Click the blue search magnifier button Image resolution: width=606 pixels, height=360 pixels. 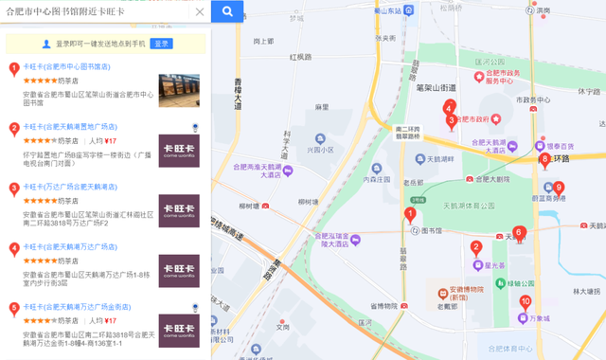[x=227, y=11]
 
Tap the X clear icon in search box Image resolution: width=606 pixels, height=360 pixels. [x=199, y=12]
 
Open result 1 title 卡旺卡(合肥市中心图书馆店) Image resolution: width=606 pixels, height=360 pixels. [x=66, y=67]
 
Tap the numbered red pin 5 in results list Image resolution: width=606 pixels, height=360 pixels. [x=13, y=308]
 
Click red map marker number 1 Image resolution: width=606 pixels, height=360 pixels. [x=410, y=214]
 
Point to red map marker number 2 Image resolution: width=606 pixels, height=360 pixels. [x=476, y=248]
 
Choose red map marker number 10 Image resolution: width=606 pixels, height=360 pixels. [x=526, y=302]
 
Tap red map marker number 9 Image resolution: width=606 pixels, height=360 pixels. [x=559, y=188]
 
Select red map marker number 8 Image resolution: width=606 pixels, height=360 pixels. [x=544, y=159]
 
